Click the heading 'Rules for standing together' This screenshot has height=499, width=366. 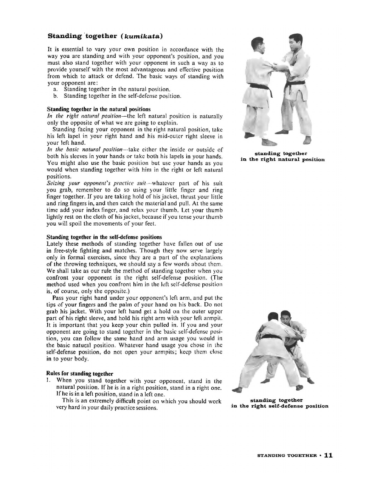80,374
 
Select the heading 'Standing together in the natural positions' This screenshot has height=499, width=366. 99,109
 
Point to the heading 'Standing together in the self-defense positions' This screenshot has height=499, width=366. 104,237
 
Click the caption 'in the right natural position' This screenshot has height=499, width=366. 282,159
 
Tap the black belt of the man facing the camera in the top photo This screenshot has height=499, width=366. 296,83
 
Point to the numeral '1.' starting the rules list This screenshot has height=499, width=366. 48,381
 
